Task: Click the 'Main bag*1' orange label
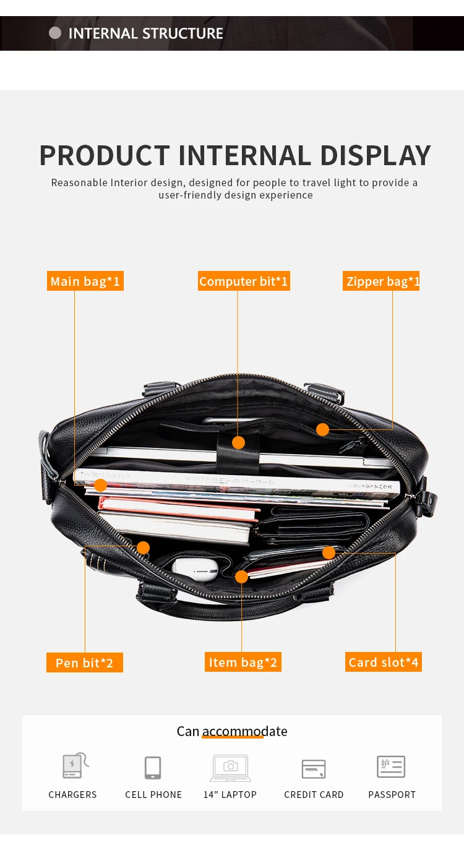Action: (85, 281)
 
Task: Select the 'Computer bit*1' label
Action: (243, 281)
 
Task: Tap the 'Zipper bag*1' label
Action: (382, 281)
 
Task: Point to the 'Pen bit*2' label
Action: (84, 662)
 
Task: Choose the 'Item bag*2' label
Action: (243, 662)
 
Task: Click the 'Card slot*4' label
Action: (384, 662)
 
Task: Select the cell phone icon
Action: (153, 768)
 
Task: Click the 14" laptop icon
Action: (230, 768)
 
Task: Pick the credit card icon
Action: (314, 768)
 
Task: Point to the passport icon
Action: (391, 767)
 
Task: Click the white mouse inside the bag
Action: (194, 568)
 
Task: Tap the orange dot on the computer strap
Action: (238, 442)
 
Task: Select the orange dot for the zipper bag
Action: (322, 429)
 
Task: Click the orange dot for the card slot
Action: (329, 552)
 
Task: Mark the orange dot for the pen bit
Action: (143, 547)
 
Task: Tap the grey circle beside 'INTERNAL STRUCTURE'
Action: (55, 33)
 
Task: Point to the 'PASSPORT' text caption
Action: (392, 795)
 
